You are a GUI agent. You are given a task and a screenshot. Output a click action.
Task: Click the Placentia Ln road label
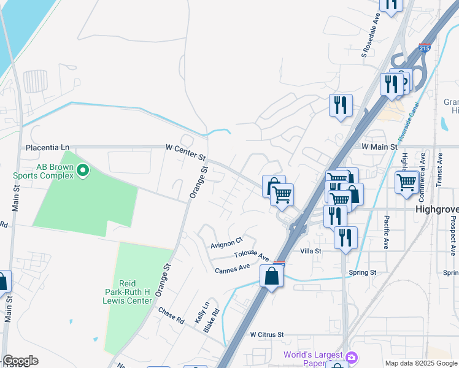[47, 148]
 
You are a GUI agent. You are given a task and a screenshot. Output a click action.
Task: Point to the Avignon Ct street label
[227, 243]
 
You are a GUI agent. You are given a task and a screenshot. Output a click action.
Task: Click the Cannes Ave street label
[232, 268]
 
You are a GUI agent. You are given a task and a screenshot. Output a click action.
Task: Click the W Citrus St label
[268, 335]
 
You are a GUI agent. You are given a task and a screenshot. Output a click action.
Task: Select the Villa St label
[311, 251]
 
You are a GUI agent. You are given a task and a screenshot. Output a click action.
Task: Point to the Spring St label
[362, 272]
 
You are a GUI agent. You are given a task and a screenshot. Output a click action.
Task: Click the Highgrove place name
[437, 209]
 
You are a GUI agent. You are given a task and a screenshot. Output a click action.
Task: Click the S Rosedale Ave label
[371, 42]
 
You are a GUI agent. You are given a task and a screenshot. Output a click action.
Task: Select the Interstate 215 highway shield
[425, 47]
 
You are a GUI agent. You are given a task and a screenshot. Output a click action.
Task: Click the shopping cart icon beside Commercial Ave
[407, 182]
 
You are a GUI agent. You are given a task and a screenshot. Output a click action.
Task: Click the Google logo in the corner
[20, 361]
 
